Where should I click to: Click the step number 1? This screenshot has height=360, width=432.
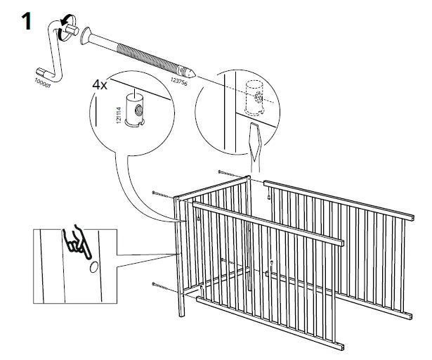pos(25,20)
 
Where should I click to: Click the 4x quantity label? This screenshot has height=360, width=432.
pos(100,84)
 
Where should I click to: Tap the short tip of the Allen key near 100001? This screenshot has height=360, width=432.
pos(41,70)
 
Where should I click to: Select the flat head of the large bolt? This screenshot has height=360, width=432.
pos(87,34)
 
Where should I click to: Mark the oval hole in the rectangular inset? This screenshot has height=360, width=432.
pos(94,267)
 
